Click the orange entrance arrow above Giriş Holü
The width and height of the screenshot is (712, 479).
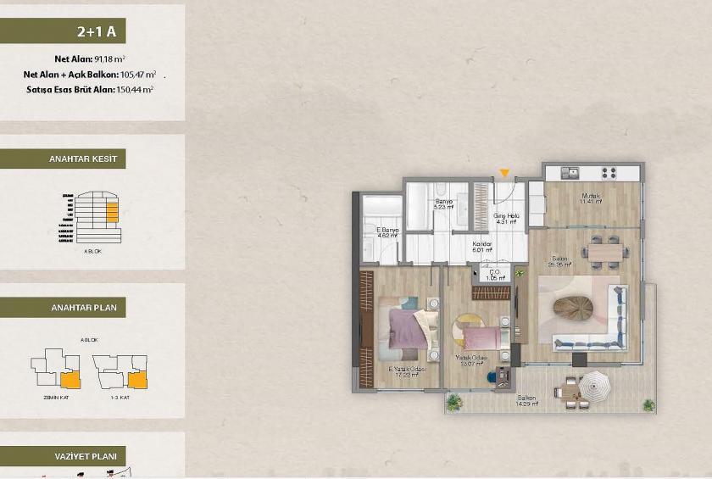[504, 174]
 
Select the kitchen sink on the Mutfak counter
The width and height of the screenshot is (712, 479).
[570, 172]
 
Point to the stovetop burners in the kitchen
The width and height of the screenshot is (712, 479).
[609, 172]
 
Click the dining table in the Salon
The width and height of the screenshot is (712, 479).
[605, 251]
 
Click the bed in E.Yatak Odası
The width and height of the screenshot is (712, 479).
[409, 327]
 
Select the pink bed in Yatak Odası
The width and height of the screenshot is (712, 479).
[481, 337]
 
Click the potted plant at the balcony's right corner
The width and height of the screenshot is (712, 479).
[648, 404]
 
